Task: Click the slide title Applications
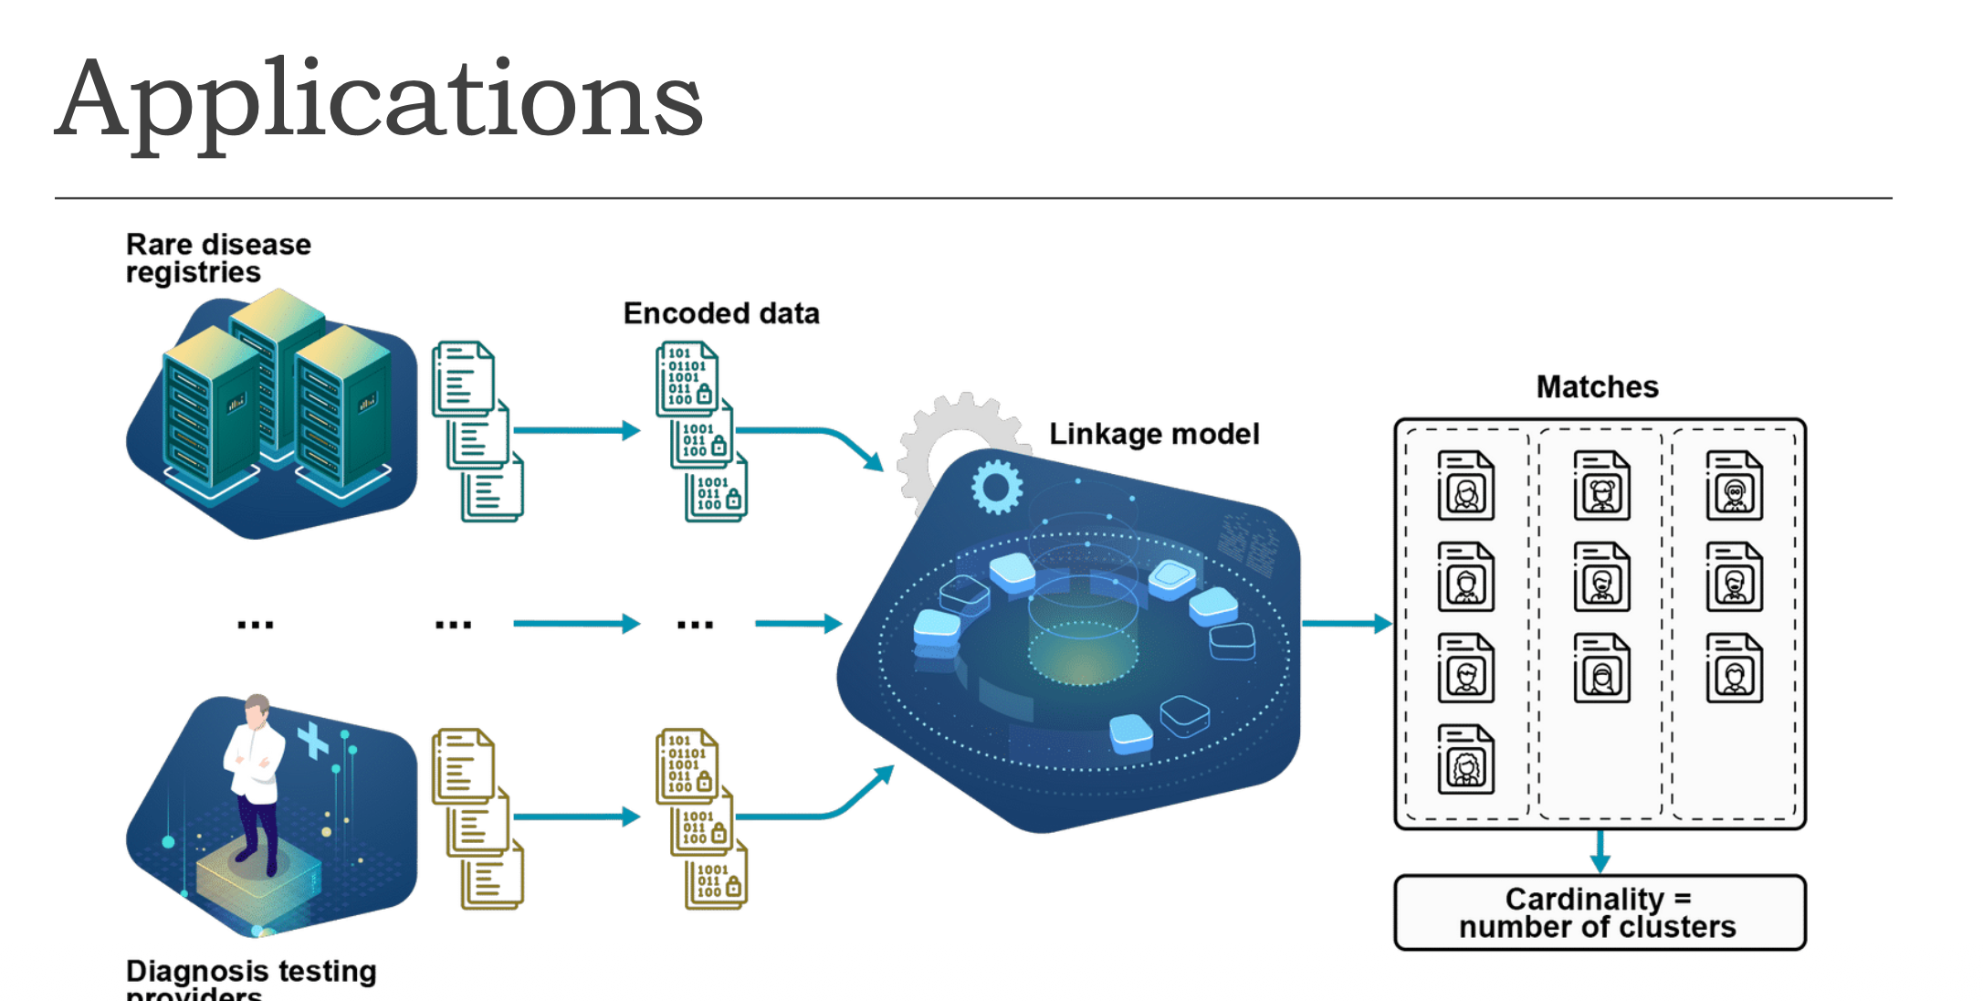click(x=379, y=99)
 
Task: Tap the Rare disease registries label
click(x=218, y=258)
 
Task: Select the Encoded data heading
click(x=720, y=313)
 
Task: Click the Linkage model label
click(x=1153, y=434)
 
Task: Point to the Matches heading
click(x=1597, y=387)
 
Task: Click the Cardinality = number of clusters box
click(x=1599, y=912)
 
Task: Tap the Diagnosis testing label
click(x=251, y=972)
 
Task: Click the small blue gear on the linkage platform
click(x=996, y=487)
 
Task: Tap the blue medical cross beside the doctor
click(x=312, y=741)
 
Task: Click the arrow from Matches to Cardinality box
click(x=1600, y=851)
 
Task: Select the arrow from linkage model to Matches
click(x=1347, y=624)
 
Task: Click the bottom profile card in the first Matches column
click(x=1465, y=759)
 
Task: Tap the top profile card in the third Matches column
click(x=1734, y=486)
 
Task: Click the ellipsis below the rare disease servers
click(x=256, y=626)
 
